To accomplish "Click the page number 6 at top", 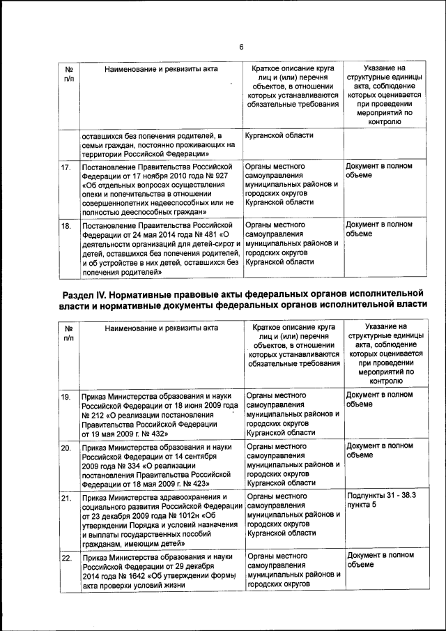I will (241, 47).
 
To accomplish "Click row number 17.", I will (66, 168).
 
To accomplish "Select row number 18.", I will (66, 226).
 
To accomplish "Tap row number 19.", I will (66, 397).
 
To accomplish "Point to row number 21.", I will (66, 498).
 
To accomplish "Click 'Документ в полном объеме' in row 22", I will (378, 559).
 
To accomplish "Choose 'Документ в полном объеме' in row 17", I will (378, 171).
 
